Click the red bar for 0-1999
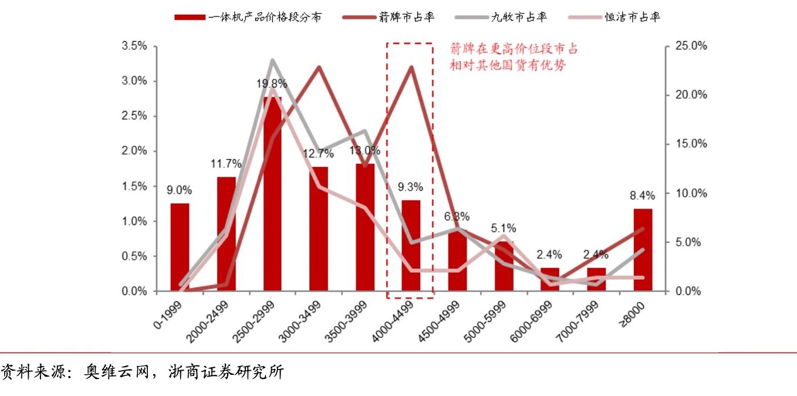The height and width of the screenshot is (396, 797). click(180, 247)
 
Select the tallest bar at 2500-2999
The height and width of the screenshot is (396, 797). click(272, 194)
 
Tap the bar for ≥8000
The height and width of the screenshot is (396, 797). click(643, 250)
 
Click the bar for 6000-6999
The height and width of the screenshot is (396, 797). click(550, 279)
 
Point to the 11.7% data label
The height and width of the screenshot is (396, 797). click(226, 164)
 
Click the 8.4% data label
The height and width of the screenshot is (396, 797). click(643, 195)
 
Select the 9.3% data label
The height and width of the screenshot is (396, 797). click(411, 187)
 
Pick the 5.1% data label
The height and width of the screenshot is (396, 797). click(504, 228)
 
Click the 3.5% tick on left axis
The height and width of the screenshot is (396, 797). click(135, 46)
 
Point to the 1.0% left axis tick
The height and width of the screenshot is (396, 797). click(135, 222)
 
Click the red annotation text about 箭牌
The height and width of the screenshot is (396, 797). click(512, 57)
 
